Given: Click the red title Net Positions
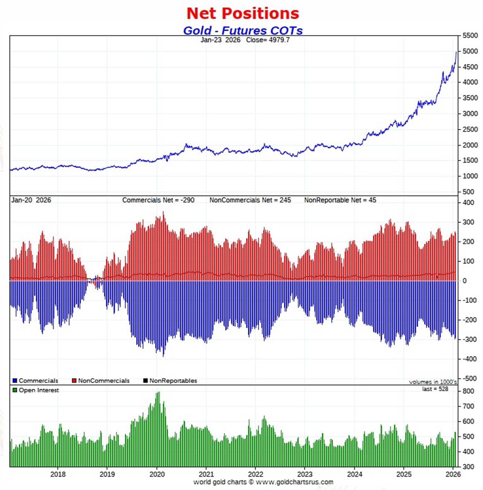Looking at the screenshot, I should point(243,14).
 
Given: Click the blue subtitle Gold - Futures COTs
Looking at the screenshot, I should point(243,30).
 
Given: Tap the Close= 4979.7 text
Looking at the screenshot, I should point(268,40).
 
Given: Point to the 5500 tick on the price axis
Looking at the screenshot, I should point(470,35).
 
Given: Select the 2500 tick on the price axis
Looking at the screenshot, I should point(470,130).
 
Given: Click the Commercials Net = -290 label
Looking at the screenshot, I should point(158,200).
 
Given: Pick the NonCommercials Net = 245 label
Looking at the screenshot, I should point(250,200).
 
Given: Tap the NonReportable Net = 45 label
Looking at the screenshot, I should point(340,200).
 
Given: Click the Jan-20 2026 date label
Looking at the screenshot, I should point(31,200).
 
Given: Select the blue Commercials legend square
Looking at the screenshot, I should point(15,381).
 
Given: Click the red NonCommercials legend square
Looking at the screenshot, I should point(74,381).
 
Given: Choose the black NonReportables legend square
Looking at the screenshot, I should point(146,381).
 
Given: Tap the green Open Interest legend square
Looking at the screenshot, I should point(15,390).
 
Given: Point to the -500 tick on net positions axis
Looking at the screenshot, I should point(469,378).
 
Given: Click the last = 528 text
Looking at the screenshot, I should point(435,389).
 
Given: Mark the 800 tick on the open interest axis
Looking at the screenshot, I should point(468,391).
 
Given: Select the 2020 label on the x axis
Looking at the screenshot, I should point(157,474).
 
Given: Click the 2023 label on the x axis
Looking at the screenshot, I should point(305,474).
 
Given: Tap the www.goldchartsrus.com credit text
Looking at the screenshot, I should point(294,482).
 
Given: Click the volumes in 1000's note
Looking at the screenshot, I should point(433,382).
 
